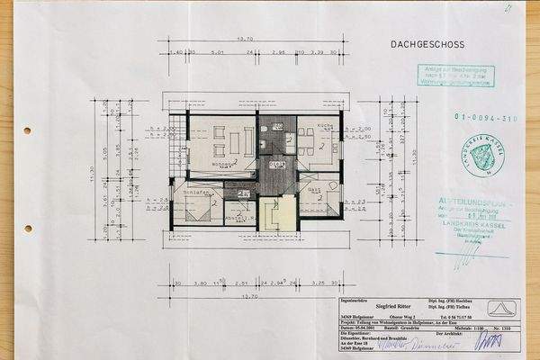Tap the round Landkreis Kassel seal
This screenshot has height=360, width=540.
coord(487,153)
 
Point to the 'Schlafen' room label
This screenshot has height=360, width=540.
coord(196,192)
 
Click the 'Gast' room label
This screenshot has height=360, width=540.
coord(315,190)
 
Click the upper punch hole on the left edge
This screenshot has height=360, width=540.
coord(27,130)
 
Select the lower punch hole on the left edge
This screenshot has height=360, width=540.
coord(28,228)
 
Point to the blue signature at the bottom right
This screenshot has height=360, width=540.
coord(489,342)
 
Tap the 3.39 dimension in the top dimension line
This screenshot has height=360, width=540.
coord(317,53)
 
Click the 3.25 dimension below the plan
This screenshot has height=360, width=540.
coord(317,282)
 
